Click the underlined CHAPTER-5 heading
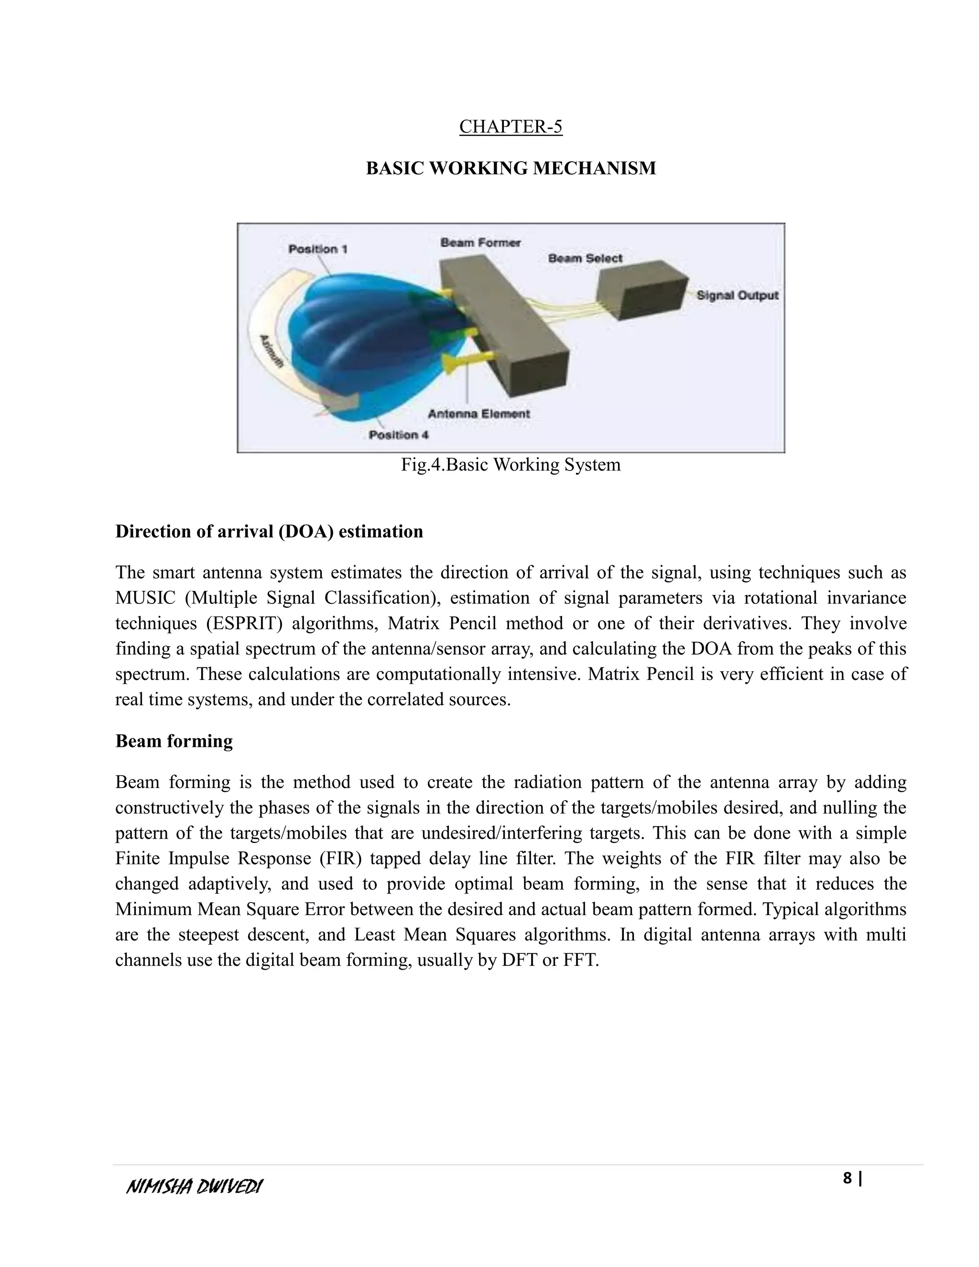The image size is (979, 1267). click(x=511, y=127)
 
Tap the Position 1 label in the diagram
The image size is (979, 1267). click(x=318, y=249)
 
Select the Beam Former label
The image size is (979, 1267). click(x=480, y=242)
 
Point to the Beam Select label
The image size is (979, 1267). click(x=585, y=258)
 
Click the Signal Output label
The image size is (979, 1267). click(x=737, y=295)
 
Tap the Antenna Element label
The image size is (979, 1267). click(x=479, y=414)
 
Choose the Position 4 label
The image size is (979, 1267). click(x=399, y=435)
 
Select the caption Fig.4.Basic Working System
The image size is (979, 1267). click(x=511, y=465)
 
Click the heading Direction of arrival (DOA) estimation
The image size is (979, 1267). click(x=269, y=531)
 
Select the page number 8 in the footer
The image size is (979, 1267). click(x=848, y=1178)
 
